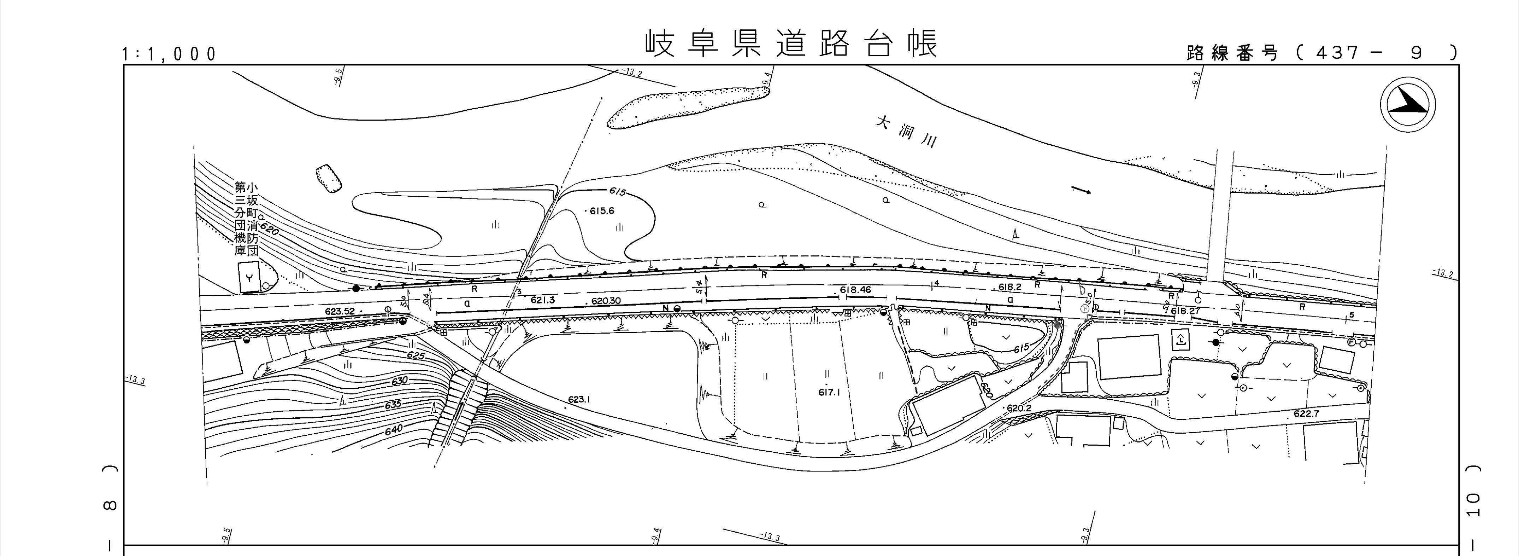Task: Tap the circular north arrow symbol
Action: [1408, 105]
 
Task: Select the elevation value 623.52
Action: [340, 311]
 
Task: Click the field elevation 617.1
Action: [829, 393]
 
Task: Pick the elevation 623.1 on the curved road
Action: [579, 400]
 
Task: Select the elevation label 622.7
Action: [1306, 414]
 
